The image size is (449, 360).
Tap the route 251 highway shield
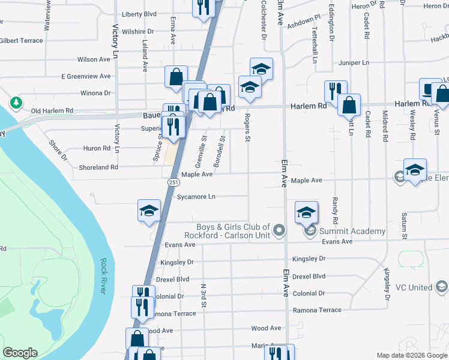[172, 182]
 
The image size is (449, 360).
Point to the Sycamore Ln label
[196, 196]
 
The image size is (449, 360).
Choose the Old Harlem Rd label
[52, 111]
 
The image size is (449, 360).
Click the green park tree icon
[16, 103]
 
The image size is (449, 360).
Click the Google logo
[20, 353]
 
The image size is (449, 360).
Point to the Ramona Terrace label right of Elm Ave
[317, 310]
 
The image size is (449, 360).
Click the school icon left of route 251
[149, 211]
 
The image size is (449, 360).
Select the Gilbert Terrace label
[22, 41]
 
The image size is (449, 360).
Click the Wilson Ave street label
[94, 59]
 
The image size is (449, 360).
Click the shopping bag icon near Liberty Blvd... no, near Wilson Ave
[176, 77]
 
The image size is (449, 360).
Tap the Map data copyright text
[411, 355]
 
